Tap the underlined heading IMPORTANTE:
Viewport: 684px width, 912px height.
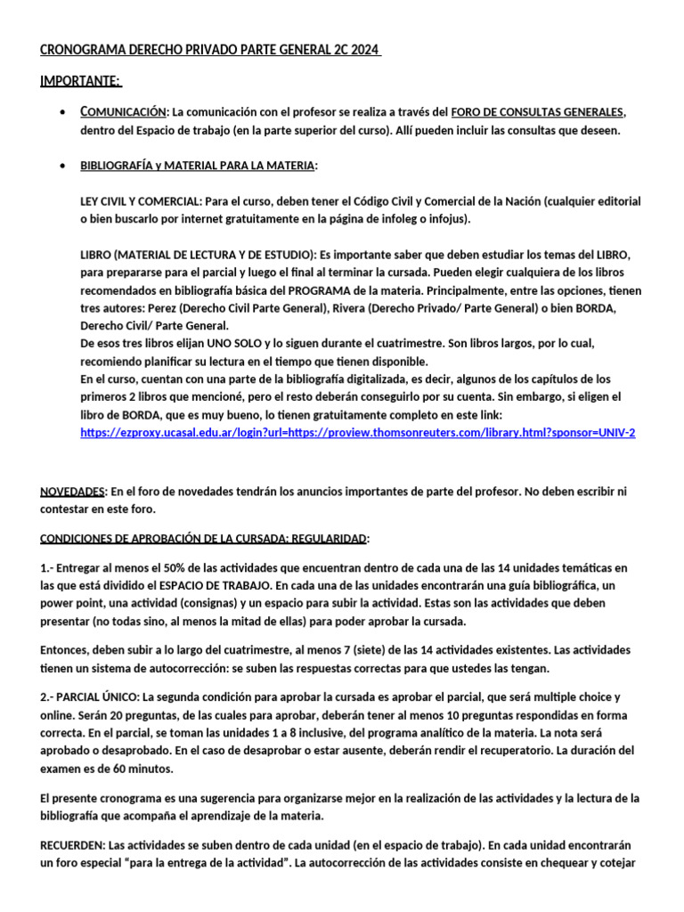pos(80,82)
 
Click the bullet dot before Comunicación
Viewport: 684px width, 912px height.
pos(59,112)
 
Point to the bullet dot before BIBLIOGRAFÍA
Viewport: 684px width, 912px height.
pos(59,167)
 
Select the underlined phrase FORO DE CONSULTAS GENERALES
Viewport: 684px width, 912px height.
pos(538,112)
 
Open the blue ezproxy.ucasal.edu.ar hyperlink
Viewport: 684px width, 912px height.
pos(357,433)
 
